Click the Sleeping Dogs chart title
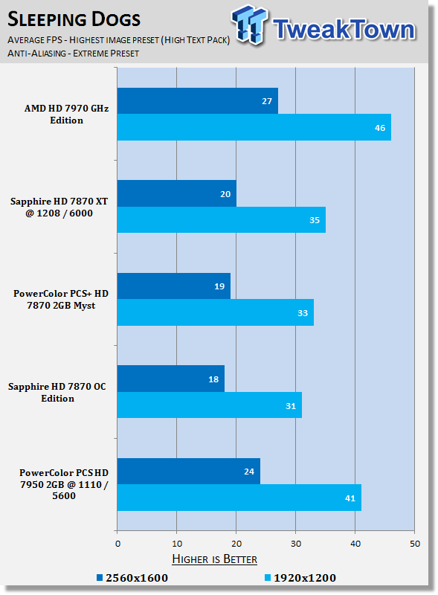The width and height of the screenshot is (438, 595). tap(74, 19)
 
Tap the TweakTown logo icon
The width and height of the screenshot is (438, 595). tap(250, 25)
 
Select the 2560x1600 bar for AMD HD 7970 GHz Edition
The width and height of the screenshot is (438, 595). tap(197, 101)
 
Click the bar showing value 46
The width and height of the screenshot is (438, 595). tap(254, 127)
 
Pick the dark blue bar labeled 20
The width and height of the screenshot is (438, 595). tap(176, 193)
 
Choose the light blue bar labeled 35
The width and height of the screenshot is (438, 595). tap(222, 219)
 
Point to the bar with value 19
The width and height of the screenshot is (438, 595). tap(173, 286)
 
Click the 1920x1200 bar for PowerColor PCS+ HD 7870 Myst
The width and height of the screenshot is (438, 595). tap(215, 312)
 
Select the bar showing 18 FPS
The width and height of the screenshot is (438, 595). tap(171, 379)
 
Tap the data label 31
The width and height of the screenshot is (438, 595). tap(291, 406)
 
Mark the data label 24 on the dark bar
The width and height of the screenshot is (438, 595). tap(249, 472)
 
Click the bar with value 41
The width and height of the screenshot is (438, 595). tap(239, 498)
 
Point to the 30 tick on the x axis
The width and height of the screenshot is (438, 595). tap(296, 544)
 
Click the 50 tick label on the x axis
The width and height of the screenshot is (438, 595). tap(415, 544)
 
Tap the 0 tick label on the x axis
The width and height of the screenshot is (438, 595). tap(117, 544)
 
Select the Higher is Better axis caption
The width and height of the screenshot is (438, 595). tap(214, 559)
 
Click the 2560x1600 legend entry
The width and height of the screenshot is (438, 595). tap(132, 578)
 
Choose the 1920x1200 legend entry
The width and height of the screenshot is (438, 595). tap(300, 578)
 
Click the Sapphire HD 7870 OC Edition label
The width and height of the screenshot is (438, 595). tap(57, 393)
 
